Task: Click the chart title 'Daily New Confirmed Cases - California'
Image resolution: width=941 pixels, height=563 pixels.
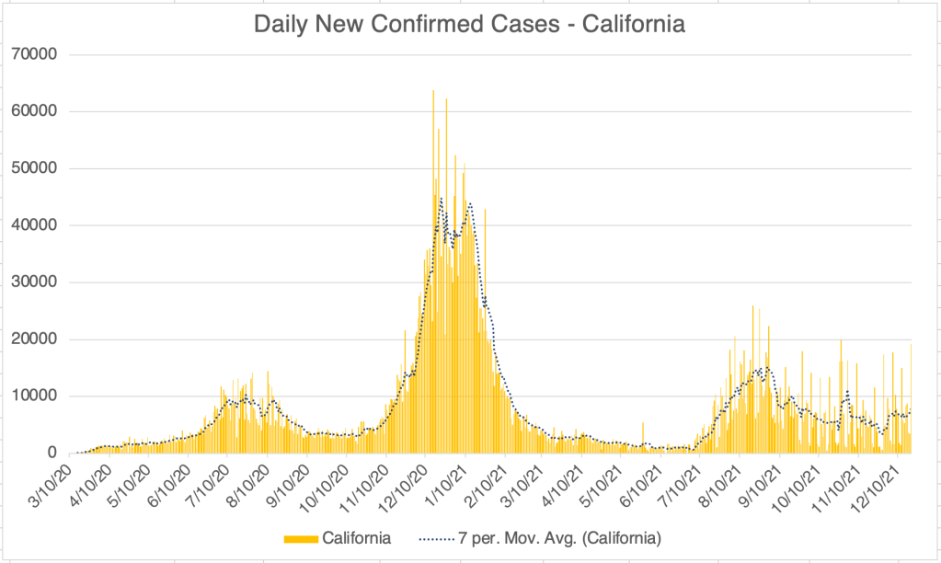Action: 469,25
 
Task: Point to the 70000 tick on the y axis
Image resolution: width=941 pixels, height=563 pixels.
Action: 34,54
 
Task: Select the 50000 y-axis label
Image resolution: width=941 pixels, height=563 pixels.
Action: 34,168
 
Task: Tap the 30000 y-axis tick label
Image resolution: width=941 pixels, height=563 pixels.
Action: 34,282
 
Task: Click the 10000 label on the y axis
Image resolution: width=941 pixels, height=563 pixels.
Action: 34,396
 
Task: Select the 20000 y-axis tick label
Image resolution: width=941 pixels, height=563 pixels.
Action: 34,339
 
